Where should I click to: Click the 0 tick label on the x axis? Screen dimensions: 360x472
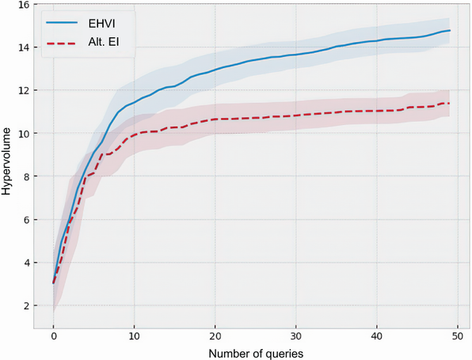(53, 335)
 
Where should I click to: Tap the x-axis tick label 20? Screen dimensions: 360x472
(215, 335)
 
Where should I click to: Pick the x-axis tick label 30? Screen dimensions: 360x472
(295, 335)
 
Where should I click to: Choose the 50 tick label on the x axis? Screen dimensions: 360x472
(457, 335)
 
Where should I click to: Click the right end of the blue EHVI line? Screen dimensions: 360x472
(449, 31)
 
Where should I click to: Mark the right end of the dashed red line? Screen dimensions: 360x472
(449, 103)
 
